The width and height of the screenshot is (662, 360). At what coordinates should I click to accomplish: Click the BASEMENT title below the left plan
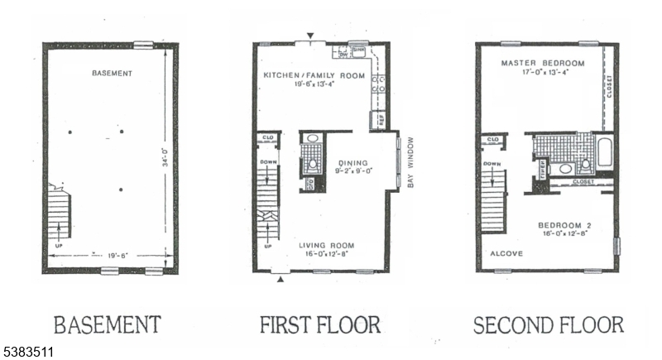point(108,323)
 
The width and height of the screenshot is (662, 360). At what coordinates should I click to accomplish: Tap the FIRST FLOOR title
point(319,323)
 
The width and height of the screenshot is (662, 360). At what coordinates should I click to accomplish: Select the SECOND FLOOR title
point(548,323)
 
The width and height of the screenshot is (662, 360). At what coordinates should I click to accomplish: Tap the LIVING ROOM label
point(328,245)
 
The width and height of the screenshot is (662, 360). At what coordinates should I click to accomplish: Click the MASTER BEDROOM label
point(543,64)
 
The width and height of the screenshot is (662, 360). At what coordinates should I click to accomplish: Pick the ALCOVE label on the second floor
point(506,253)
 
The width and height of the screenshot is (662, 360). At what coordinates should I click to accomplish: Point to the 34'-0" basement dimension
point(165,157)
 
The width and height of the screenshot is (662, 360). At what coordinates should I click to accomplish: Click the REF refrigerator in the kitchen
point(381,120)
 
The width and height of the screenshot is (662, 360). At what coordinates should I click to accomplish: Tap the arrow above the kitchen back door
point(310,36)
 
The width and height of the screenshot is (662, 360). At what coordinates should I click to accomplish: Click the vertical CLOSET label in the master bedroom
point(610,87)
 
